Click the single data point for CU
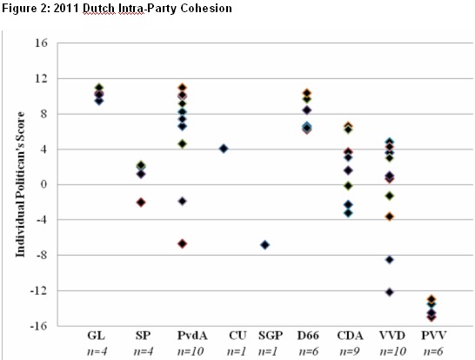tap(224, 149)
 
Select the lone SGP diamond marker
tap(265, 244)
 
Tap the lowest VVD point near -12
tap(390, 292)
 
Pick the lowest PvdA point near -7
tap(183, 243)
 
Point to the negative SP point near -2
tap(141, 203)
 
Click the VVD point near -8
tap(390, 260)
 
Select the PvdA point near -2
tap(183, 201)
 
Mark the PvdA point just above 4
tap(183, 143)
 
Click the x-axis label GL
tap(97, 336)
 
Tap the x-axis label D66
tap(308, 336)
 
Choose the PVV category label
tap(434, 336)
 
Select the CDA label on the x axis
tap(350, 336)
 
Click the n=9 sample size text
tap(350, 351)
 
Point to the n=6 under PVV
tap(433, 351)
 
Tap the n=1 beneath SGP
tap(268, 351)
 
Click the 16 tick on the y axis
tap(41, 43)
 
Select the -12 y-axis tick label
tap(39, 291)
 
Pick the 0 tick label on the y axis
tap(44, 184)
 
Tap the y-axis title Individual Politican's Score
tap(20, 184)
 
